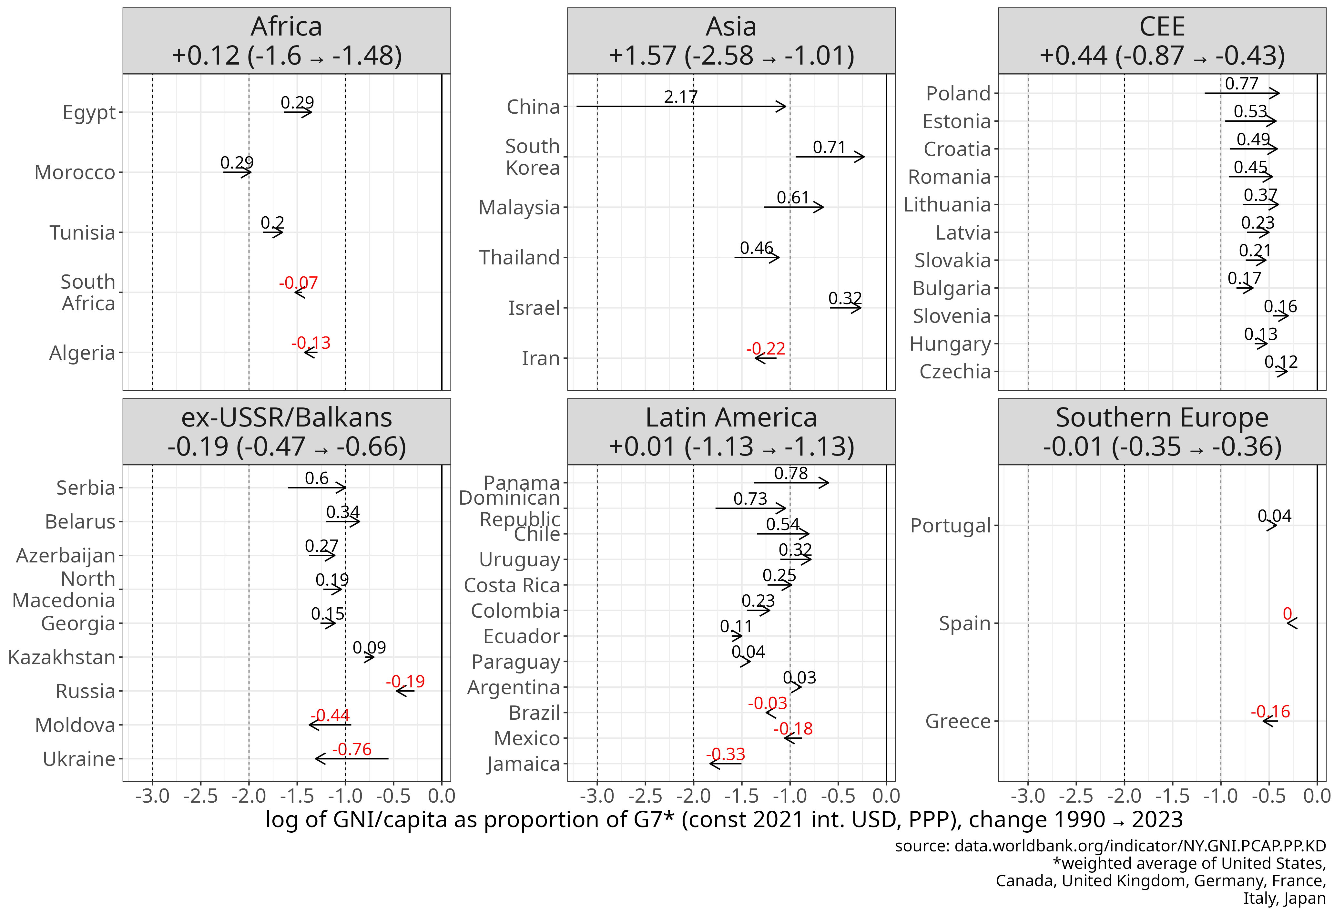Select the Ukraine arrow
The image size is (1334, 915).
[351, 759]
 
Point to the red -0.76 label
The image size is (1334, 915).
[352, 749]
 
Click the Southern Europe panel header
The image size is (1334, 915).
[1162, 432]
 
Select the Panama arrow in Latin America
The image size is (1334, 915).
[791, 483]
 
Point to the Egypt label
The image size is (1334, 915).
[89, 112]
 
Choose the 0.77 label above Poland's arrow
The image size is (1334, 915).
[1242, 84]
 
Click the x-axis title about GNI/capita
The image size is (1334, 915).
[724, 820]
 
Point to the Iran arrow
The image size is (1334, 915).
[766, 358]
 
